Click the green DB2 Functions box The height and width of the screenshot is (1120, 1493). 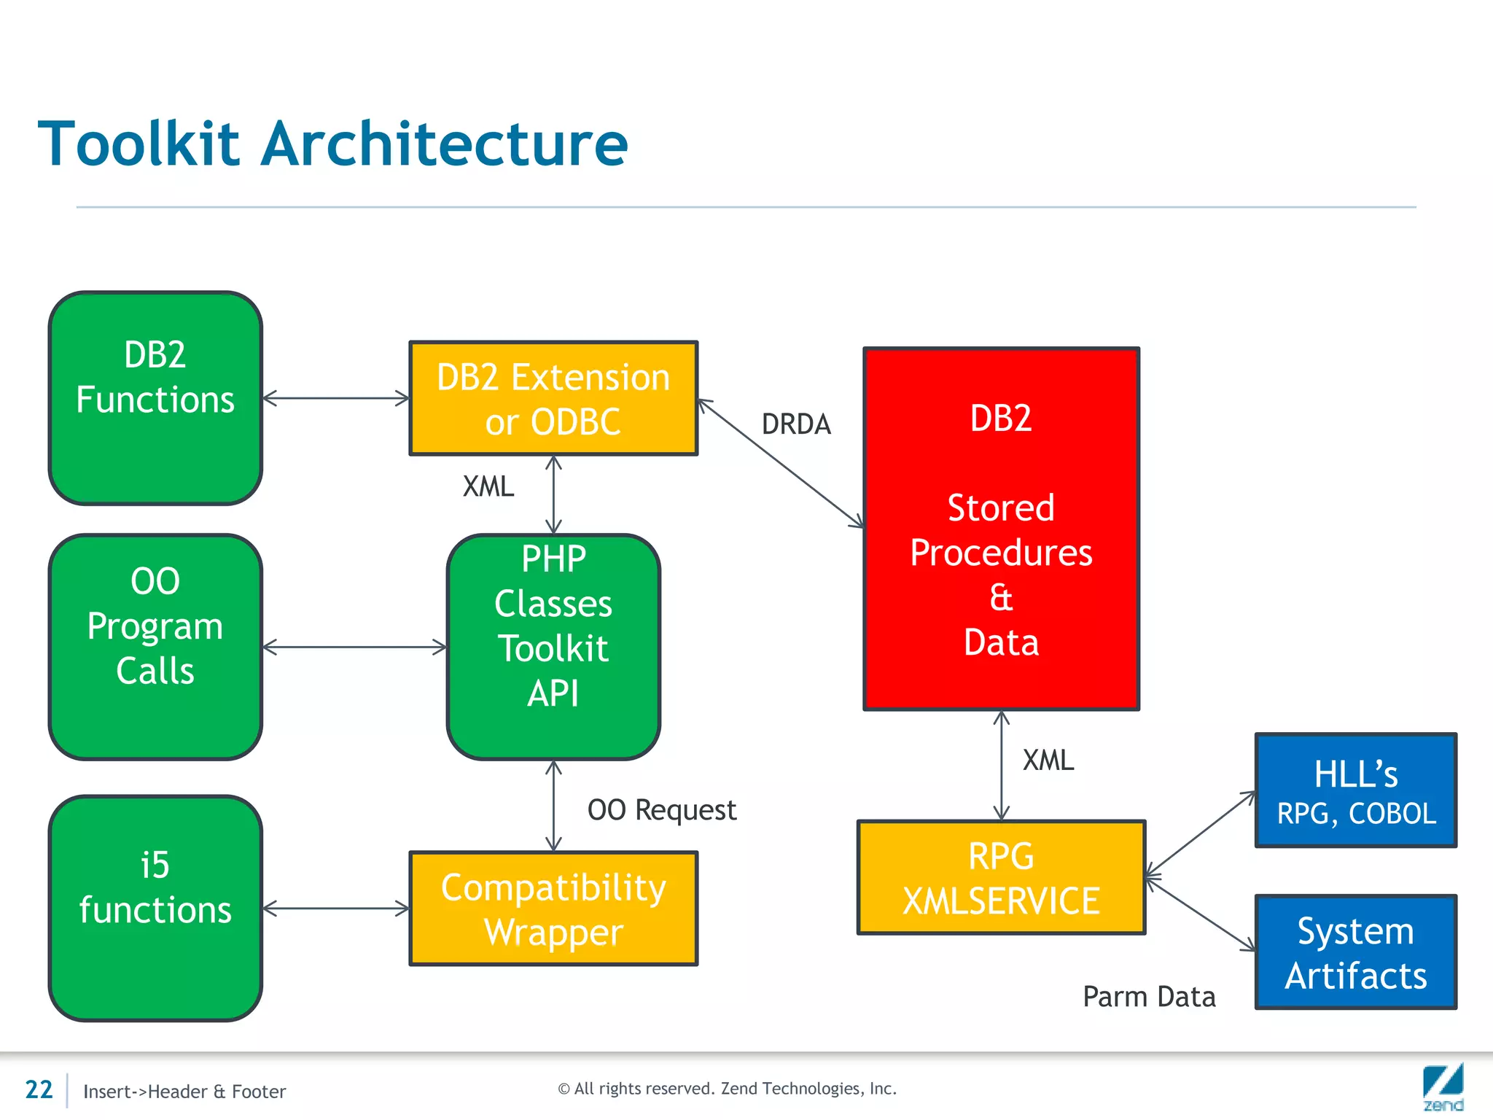[x=155, y=398]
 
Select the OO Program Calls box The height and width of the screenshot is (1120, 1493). [x=155, y=647]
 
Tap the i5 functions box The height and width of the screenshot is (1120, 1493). [x=155, y=908]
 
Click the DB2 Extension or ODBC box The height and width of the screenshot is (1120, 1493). [x=553, y=399]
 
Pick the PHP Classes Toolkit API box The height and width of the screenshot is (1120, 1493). [x=553, y=647]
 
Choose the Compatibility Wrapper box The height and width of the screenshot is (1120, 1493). [x=553, y=909]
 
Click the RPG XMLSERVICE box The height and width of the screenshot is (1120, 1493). [x=1001, y=877]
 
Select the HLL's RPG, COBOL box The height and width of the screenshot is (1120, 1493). [x=1356, y=790]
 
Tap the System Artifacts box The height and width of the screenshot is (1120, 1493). [x=1356, y=952]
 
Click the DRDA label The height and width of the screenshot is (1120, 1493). [x=796, y=424]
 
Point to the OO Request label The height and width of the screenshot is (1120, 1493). [x=662, y=810]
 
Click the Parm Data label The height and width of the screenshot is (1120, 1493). [x=1149, y=997]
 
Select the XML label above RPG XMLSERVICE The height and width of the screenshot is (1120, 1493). [x=1048, y=761]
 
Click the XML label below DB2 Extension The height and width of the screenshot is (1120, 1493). [x=488, y=486]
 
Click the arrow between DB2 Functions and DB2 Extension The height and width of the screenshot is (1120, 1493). [x=335, y=398]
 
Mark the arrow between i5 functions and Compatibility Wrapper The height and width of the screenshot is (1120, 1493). [x=335, y=909]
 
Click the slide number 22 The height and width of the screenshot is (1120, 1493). [x=39, y=1089]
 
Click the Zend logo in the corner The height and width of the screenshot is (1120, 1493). [x=1443, y=1087]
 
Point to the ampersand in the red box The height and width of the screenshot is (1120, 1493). [x=1001, y=597]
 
